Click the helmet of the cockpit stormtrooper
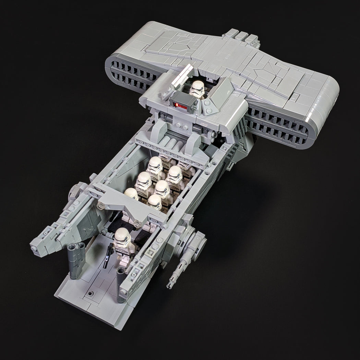[198, 88]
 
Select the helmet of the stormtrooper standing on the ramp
[122, 237]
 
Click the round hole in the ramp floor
[90, 294]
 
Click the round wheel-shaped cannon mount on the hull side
[199, 243]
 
